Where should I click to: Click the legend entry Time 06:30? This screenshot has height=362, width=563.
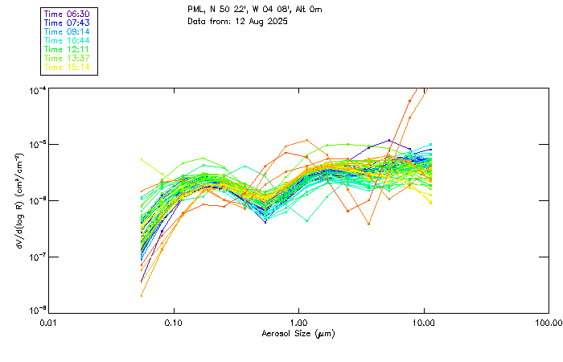68,14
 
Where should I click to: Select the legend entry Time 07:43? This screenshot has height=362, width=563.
68,23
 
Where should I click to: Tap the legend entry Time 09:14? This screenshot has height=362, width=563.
68,31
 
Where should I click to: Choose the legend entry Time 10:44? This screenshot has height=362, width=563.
68,40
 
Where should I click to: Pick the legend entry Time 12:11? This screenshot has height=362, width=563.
68,49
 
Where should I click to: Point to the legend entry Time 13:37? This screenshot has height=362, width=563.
68,58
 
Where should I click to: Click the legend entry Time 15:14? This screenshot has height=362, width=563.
68,67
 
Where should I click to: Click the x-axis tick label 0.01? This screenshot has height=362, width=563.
49,322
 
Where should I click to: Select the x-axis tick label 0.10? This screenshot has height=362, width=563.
174,322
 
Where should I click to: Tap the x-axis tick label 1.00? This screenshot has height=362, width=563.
298,322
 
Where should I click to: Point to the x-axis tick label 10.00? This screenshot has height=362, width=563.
423,322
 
